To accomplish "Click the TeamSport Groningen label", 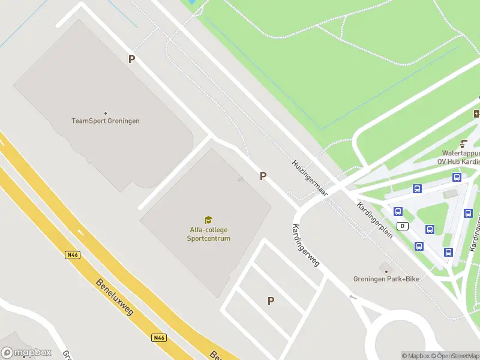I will point(106,121).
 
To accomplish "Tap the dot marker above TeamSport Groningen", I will point(106,113).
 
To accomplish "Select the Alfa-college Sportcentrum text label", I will point(208,234).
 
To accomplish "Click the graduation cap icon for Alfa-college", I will point(208,220).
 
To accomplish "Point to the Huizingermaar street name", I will point(310,178).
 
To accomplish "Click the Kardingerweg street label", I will point(305,245).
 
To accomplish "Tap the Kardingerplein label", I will point(375,220).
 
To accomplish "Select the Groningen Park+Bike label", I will point(386,278).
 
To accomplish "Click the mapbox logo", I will point(26,353).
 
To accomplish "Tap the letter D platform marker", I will point(403,226).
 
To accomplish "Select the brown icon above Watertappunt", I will point(463,143).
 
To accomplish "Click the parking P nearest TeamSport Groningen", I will point(131,59).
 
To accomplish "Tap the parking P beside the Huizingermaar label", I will point(263,176).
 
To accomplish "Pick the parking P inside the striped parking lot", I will point(271,301).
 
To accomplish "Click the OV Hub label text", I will point(458,161).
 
